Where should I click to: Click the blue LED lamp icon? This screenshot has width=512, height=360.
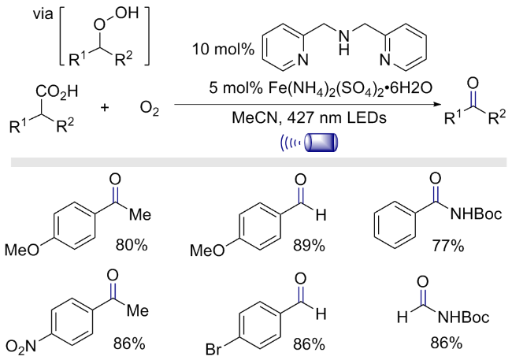tap(321, 143)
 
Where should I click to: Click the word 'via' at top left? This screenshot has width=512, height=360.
tap(43, 14)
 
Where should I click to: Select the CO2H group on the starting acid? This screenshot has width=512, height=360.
tap(58, 92)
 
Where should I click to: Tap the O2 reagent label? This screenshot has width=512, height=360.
tap(149, 109)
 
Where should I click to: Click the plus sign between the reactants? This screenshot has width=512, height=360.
tap(105, 107)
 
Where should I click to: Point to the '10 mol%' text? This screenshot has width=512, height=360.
tap(223, 50)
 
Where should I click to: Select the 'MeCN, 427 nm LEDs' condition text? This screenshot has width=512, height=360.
tap(309, 117)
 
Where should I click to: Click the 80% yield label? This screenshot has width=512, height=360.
tap(132, 245)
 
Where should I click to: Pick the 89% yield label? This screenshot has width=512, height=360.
tap(309, 245)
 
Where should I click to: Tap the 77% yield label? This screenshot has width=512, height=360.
tap(448, 245)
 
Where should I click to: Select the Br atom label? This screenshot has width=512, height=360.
tap(213, 350)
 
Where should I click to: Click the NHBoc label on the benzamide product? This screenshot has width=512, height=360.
tap(476, 214)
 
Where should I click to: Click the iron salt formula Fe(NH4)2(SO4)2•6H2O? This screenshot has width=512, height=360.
tap(321, 88)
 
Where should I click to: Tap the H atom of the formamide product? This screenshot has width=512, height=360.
tap(403, 317)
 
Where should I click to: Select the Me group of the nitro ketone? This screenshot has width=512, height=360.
tap(138, 310)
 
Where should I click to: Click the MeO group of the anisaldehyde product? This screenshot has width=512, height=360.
tap(207, 251)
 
